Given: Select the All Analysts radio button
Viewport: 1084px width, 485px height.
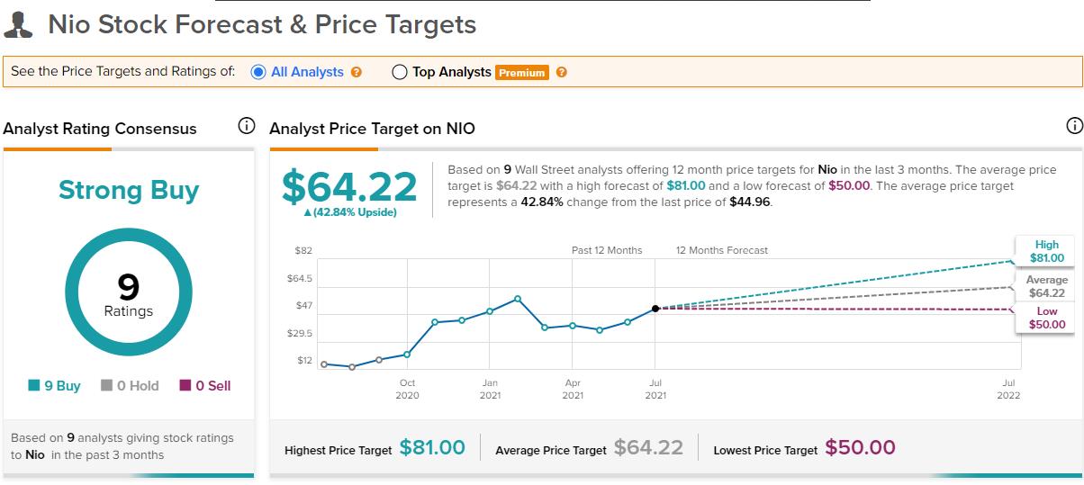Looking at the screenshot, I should (257, 72).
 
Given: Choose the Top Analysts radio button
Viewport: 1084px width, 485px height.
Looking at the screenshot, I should (400, 72).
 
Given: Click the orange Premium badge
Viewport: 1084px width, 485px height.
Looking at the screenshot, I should (521, 73).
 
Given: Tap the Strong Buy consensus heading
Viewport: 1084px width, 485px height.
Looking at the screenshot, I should (129, 190).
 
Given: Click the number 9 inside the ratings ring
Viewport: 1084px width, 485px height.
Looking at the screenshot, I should (128, 287).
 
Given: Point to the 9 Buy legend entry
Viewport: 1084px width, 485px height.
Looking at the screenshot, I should (54, 385).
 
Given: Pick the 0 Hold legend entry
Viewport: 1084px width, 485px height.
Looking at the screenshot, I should (130, 385).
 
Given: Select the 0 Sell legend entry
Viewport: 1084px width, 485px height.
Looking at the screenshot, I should (205, 385).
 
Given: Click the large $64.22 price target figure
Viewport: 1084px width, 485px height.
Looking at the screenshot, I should (349, 186).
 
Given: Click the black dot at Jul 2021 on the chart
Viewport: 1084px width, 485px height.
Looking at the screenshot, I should (655, 309).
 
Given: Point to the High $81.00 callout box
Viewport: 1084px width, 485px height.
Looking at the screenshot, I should (1045, 251).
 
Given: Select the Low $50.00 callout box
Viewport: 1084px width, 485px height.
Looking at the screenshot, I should (1045, 318).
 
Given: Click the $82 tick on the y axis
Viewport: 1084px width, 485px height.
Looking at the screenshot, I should (303, 250).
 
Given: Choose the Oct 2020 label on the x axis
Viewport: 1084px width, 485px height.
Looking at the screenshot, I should (407, 389).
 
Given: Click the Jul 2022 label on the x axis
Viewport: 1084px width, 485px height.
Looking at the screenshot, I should (1007, 389).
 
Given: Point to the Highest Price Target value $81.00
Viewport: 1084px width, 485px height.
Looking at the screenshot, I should (432, 447).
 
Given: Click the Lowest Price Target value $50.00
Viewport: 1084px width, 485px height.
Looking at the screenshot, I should (860, 447).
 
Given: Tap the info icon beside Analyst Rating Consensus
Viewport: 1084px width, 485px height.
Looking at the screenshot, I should (246, 127).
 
